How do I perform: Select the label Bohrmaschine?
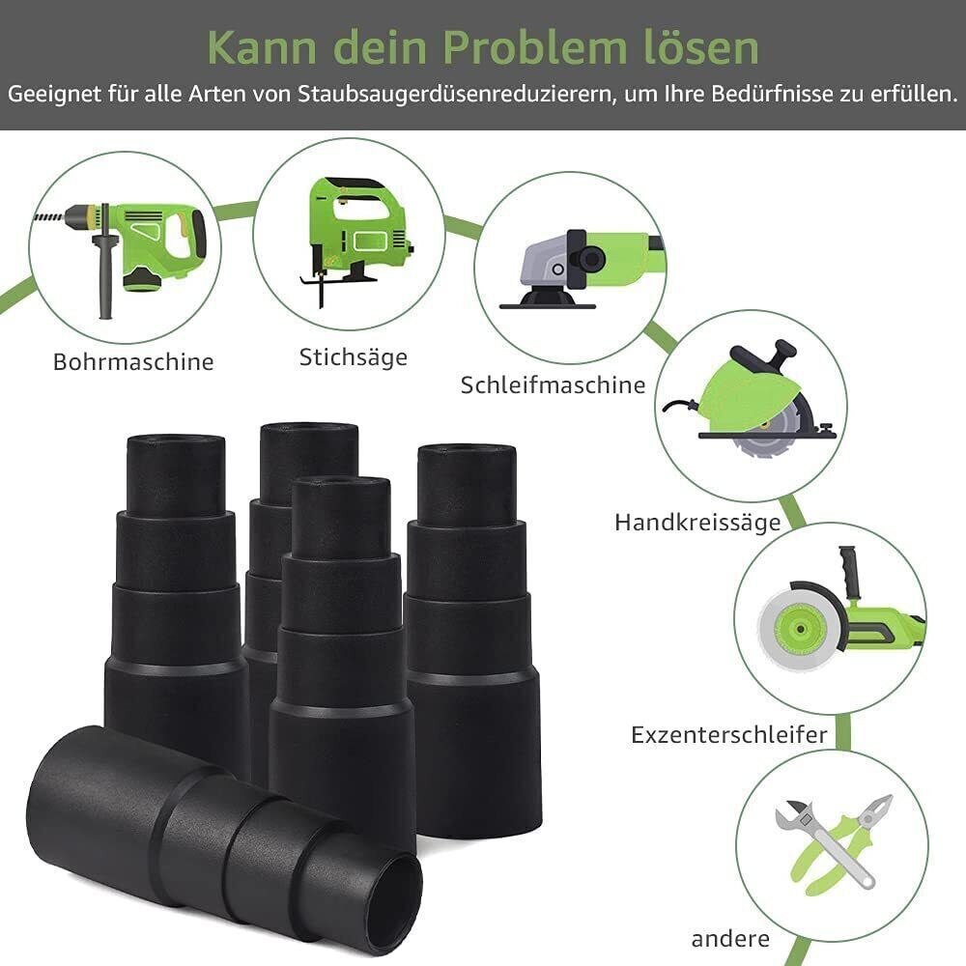pos(133,362)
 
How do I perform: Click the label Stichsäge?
pos(354,356)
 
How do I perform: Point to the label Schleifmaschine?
pos(553,384)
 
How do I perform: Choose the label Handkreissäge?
pos(697,523)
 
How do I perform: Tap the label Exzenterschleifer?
pos(729,734)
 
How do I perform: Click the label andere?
pos(730,938)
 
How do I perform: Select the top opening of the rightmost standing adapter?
pos(467,452)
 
